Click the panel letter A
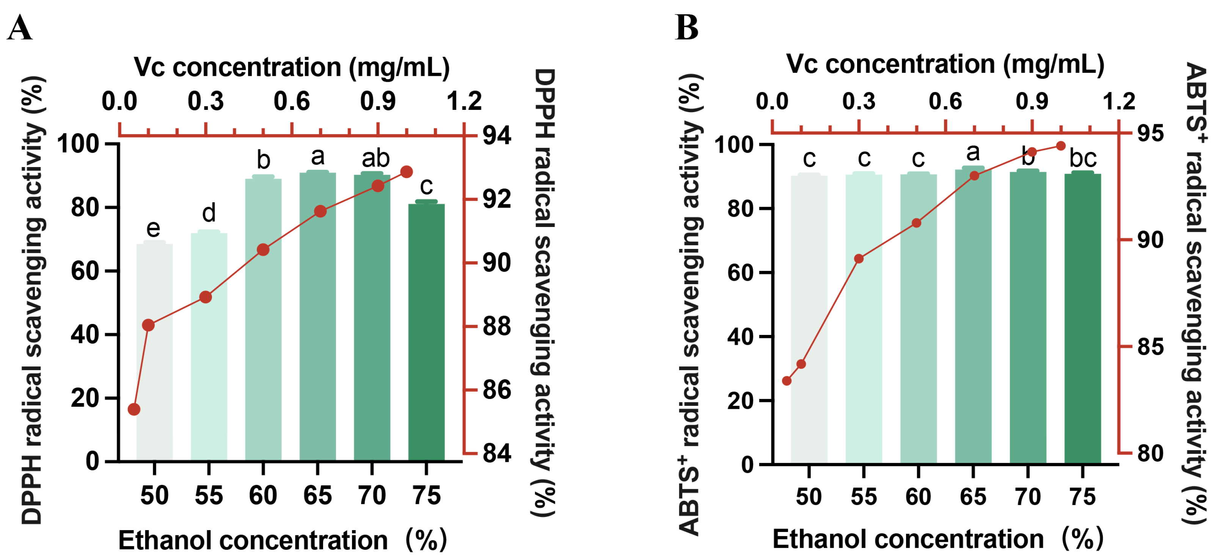tap(20, 28)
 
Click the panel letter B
tap(686, 28)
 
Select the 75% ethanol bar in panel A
tap(426, 330)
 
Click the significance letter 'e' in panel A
tap(153, 228)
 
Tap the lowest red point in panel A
tap(134, 409)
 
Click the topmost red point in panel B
tap(1061, 146)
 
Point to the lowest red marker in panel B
tap(787, 380)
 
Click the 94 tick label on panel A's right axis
tap(496, 136)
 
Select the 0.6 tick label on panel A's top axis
tap(292, 102)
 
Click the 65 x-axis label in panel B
tap(973, 497)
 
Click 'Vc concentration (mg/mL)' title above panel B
tap(945, 64)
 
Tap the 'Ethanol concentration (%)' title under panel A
tap(282, 540)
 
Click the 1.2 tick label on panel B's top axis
tap(1119, 102)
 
